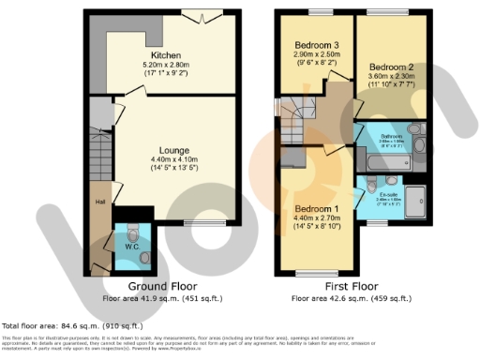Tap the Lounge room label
[x=174, y=150]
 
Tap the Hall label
[x=98, y=202]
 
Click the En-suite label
[x=388, y=194]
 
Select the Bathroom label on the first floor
[x=390, y=137]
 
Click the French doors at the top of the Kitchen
[x=205, y=16]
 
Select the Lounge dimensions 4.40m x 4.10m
[x=174, y=160]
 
